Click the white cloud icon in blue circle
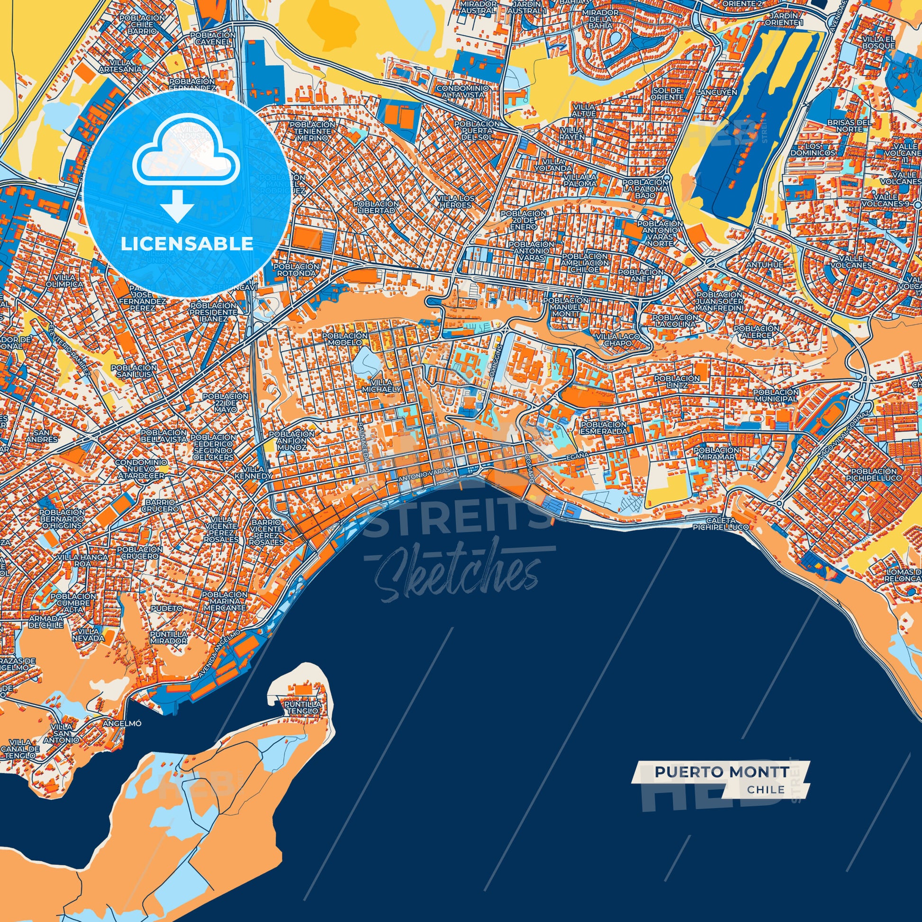(186, 150)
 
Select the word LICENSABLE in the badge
(187, 244)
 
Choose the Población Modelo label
(344, 339)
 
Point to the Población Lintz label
(676, 382)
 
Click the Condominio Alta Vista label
(462, 91)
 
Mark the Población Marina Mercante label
(224, 601)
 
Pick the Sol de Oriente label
(667, 93)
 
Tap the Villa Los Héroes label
(455, 201)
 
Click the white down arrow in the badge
(177, 206)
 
